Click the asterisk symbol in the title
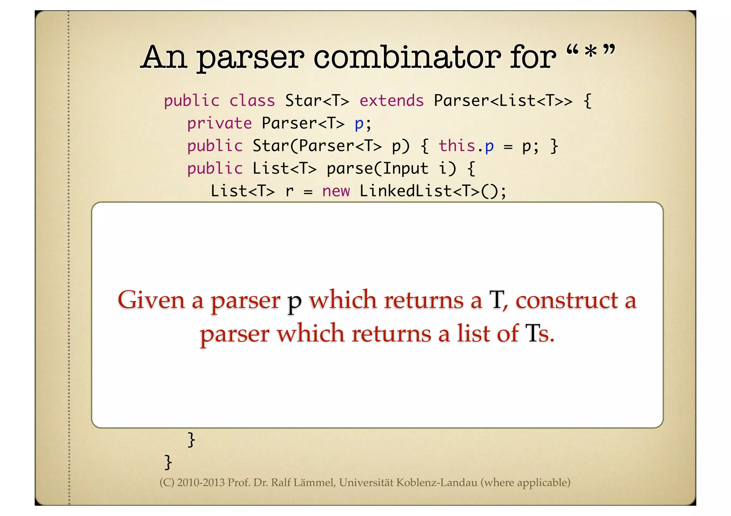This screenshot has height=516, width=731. coord(591,52)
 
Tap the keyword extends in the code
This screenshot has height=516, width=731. coord(392,101)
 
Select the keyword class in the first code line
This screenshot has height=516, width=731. coord(252,101)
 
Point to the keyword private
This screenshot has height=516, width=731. coord(220,124)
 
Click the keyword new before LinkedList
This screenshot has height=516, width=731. coord(336,191)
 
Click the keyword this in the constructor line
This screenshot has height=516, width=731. coord(457,146)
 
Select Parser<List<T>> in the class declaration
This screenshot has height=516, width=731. coord(503,101)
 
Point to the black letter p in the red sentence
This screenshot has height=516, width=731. coord(294,302)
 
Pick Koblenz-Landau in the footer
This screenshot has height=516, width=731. coord(437,483)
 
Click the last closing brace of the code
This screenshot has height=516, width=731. coord(168,462)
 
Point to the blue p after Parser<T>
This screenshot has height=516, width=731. coord(359,124)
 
